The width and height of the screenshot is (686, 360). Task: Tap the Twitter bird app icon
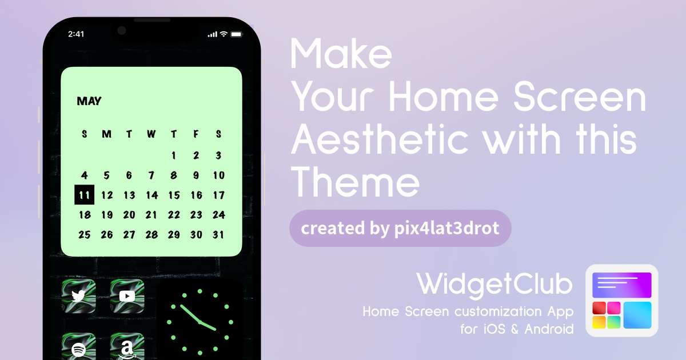click(79, 296)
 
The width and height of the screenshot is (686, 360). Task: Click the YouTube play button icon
click(127, 296)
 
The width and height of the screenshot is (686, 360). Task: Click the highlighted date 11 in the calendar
click(84, 195)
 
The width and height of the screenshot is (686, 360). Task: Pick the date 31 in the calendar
click(218, 235)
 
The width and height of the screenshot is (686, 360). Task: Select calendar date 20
click(129, 215)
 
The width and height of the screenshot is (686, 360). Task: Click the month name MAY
click(89, 101)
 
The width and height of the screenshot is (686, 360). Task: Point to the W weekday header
click(151, 134)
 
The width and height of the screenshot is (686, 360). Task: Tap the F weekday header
click(196, 134)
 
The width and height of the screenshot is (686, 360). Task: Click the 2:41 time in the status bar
click(76, 34)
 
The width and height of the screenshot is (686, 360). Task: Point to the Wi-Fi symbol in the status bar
click(224, 34)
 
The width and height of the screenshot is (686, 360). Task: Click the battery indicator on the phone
click(237, 34)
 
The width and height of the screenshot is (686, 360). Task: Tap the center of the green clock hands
click(200, 322)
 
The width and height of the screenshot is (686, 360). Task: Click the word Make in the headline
click(341, 53)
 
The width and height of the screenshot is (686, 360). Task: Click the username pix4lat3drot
click(447, 229)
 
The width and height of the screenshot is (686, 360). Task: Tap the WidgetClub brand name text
click(494, 284)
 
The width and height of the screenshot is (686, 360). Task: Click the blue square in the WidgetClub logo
click(637, 315)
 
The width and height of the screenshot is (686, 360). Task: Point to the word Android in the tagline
click(549, 329)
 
